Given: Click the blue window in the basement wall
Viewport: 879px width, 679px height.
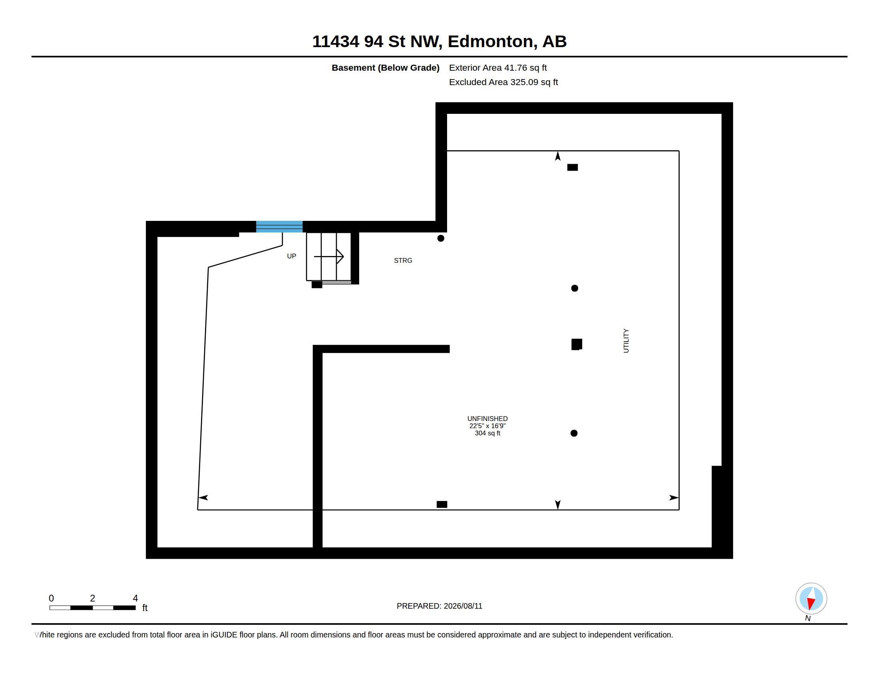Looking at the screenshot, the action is click(x=279, y=226).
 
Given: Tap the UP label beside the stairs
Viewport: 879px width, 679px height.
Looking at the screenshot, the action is click(x=291, y=256).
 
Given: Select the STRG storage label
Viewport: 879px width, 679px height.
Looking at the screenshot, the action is click(x=403, y=261).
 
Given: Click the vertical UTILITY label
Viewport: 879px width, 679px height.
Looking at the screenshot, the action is click(x=626, y=341).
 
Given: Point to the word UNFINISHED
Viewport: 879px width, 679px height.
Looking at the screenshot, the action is click(x=487, y=419).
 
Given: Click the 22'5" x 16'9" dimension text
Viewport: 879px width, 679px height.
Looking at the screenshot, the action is click(x=487, y=426).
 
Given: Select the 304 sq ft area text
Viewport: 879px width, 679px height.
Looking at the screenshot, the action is click(x=487, y=433).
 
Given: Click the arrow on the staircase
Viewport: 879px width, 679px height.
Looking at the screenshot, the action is click(x=328, y=256).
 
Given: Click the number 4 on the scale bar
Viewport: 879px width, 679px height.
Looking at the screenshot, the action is click(x=135, y=598).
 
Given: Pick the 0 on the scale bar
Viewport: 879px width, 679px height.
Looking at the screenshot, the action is click(x=51, y=598).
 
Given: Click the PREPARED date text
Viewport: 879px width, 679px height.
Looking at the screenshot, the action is click(x=439, y=606).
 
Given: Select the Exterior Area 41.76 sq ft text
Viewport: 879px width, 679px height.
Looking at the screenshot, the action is click(x=498, y=68).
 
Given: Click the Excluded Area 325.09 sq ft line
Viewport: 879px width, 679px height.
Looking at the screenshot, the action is click(x=503, y=82).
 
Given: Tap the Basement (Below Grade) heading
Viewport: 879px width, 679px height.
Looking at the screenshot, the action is click(x=386, y=68).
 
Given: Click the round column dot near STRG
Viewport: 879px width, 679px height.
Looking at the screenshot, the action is click(x=441, y=238).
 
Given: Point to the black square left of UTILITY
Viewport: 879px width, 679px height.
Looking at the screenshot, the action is click(x=577, y=344).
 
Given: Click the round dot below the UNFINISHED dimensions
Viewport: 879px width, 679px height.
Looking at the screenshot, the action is click(x=574, y=433).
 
